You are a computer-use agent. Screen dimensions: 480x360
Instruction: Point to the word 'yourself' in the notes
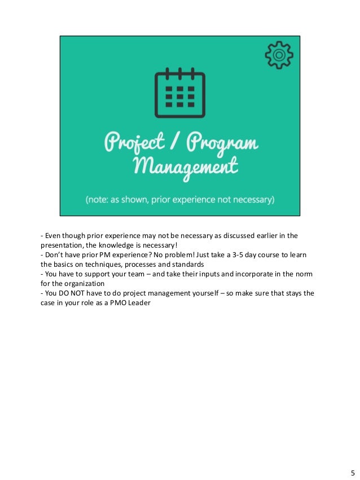(x=201, y=294)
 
